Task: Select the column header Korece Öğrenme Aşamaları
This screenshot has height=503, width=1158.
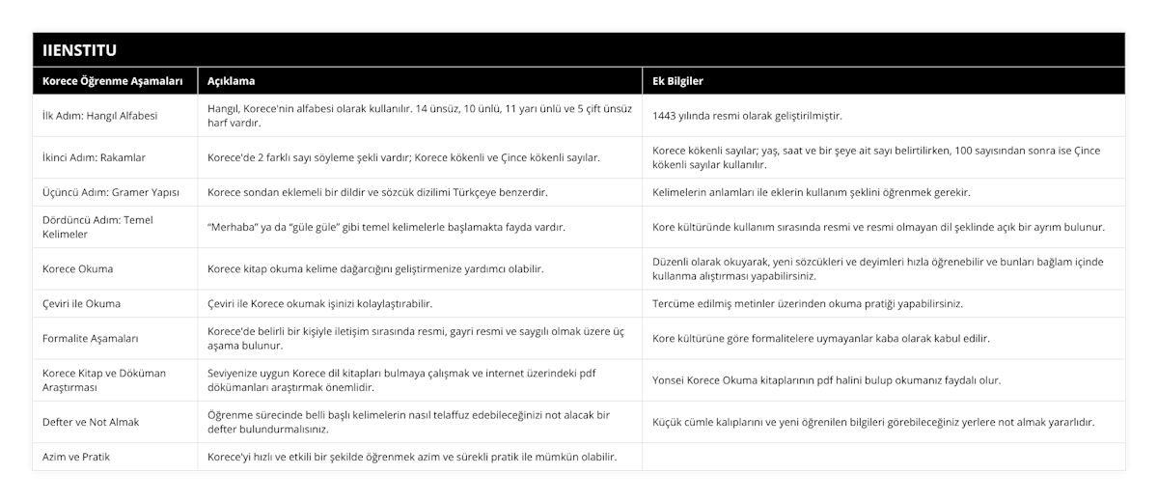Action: (x=106, y=81)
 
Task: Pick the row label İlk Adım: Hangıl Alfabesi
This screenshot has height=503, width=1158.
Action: (x=100, y=116)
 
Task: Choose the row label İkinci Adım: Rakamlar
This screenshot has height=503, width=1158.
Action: (x=94, y=157)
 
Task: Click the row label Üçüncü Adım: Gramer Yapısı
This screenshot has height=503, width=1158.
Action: (x=110, y=192)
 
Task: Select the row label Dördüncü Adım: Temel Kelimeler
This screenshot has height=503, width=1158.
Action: (x=98, y=227)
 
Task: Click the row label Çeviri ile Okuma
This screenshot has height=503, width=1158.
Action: (x=82, y=303)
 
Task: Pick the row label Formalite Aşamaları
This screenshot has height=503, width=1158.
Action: (x=91, y=338)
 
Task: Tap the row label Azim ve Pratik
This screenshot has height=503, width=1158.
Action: (x=76, y=456)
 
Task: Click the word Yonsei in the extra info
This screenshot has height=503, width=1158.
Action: (x=672, y=379)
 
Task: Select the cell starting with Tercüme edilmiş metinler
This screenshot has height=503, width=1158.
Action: (x=807, y=303)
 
